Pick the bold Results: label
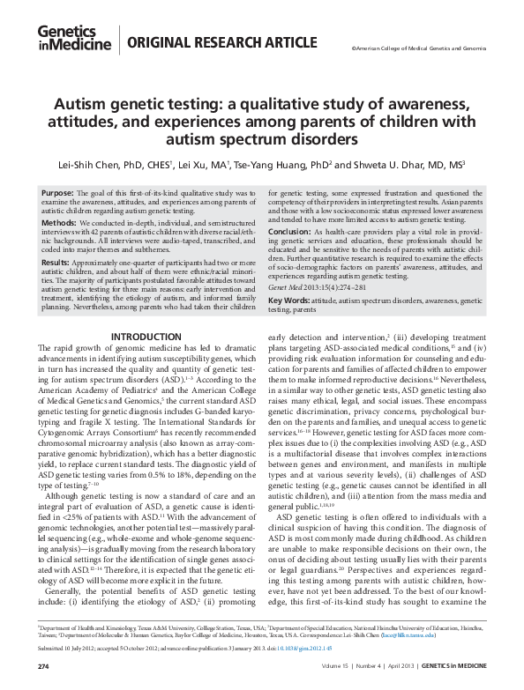click(x=56, y=263)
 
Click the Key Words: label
click(x=290, y=300)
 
